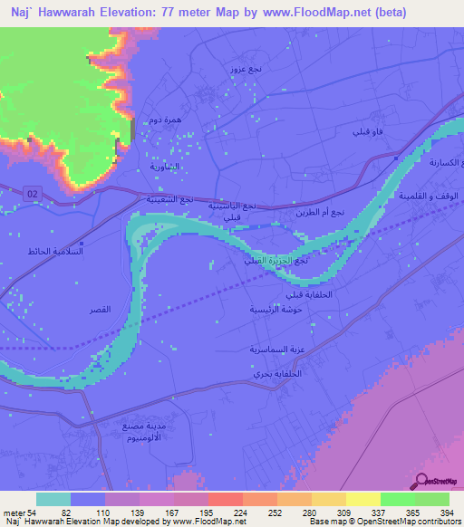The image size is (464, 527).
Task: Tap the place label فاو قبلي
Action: pos(366,132)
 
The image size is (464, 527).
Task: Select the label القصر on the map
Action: pos(100,310)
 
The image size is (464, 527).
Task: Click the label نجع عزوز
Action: pos(246,70)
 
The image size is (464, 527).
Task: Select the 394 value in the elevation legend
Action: pos(447,513)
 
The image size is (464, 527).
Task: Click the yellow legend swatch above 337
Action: pos(362,499)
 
